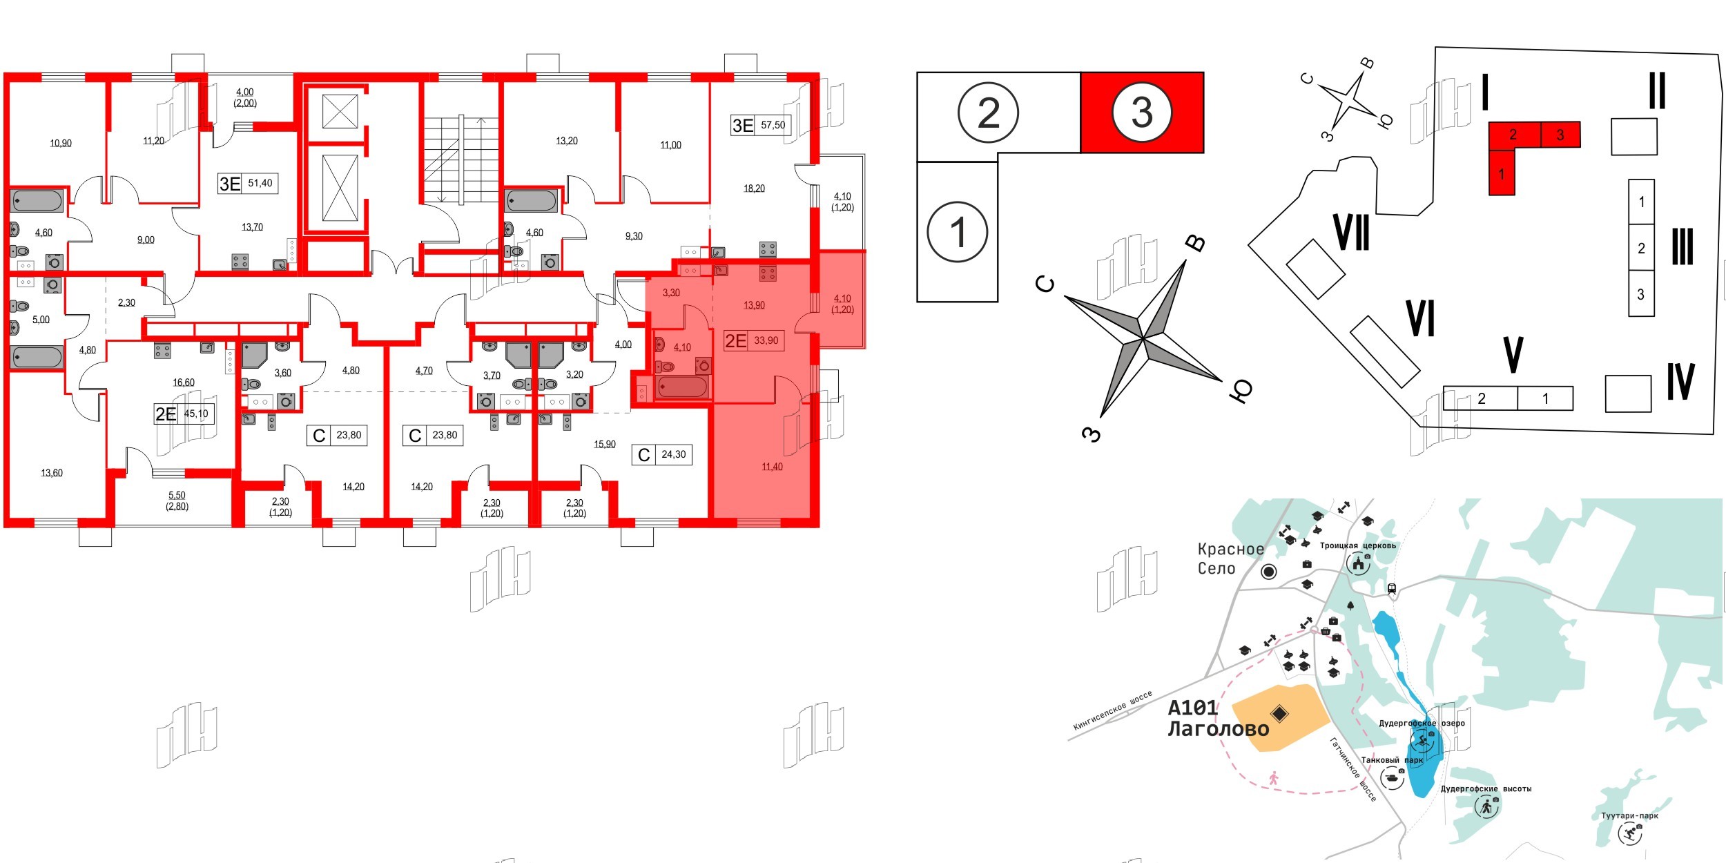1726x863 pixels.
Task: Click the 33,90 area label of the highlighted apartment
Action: (766, 340)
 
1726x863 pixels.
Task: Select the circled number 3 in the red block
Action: (1142, 112)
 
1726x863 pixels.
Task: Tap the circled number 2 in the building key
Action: (989, 113)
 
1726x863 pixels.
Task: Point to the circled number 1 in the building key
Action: (958, 232)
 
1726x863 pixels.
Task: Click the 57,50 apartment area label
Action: (773, 125)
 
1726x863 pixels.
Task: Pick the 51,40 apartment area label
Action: (260, 183)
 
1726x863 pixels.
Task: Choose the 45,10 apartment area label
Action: (196, 414)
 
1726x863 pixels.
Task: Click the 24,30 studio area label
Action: (673, 454)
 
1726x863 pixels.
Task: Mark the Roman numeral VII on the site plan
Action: (1352, 233)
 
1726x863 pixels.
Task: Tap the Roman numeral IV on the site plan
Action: (1680, 382)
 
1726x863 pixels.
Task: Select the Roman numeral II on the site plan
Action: (1657, 91)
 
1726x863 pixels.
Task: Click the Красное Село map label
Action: (1230, 559)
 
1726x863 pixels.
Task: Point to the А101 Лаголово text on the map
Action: (1218, 718)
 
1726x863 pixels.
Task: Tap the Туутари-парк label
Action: (1629, 816)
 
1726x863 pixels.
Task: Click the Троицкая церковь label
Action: (1357, 545)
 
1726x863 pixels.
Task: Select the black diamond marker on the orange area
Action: (1279, 713)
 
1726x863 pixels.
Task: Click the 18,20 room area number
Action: (754, 188)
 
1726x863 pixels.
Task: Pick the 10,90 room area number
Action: (61, 144)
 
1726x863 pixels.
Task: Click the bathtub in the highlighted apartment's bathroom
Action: (682, 387)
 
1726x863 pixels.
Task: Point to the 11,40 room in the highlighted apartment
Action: (772, 467)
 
